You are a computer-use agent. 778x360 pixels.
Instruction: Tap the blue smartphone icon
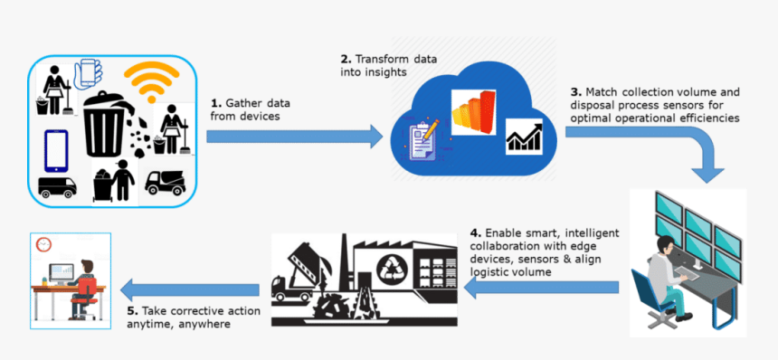tap(56, 150)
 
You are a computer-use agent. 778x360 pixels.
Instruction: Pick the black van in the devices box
tap(57, 187)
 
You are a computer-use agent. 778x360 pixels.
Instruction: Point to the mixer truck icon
tap(165, 183)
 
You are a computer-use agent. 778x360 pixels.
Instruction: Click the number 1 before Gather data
tap(214, 103)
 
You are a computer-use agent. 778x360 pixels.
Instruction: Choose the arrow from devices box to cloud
tap(295, 137)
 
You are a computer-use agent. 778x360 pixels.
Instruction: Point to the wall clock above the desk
tap(43, 244)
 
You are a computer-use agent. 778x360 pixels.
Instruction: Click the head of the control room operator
tap(667, 244)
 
